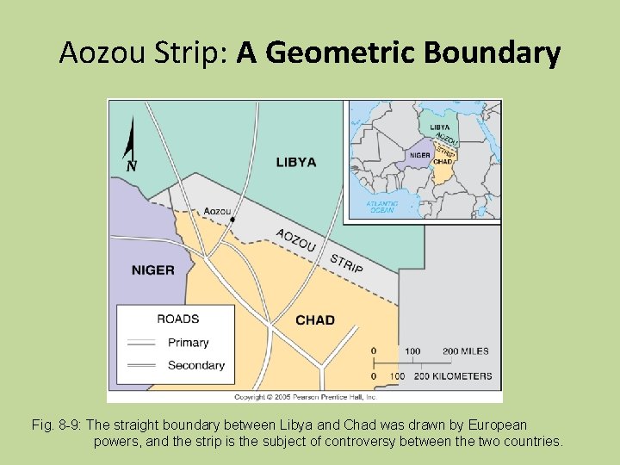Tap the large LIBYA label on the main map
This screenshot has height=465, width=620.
pyautogui.click(x=295, y=162)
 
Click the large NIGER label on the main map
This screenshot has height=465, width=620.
pyautogui.click(x=152, y=270)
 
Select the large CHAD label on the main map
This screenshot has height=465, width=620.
pyautogui.click(x=314, y=320)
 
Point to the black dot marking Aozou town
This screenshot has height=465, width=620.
pyautogui.click(x=232, y=220)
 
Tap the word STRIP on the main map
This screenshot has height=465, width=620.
pyautogui.click(x=346, y=263)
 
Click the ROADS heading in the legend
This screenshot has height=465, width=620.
pyautogui.click(x=177, y=319)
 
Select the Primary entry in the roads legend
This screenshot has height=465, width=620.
pyautogui.click(x=188, y=343)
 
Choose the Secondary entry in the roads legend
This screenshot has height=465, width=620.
pyautogui.click(x=195, y=365)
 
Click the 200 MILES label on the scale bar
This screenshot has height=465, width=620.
pyautogui.click(x=465, y=351)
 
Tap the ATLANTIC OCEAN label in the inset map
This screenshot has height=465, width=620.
pyautogui.click(x=381, y=208)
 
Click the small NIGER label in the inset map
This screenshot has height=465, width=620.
pyautogui.click(x=420, y=156)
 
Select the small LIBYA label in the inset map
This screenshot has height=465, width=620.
pyautogui.click(x=440, y=128)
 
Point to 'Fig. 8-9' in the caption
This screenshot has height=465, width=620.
pyautogui.click(x=55, y=425)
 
